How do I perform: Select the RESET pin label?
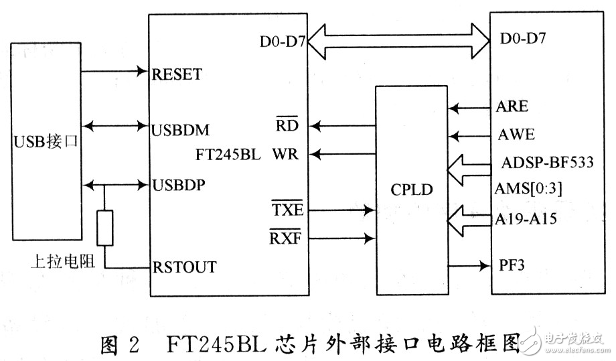[177, 74]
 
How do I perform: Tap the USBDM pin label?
[180, 128]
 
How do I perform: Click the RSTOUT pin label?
[185, 267]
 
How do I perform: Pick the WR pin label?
[285, 155]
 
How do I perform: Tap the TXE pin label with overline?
[287, 210]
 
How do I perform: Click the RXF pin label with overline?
[286, 237]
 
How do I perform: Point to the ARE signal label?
[512, 106]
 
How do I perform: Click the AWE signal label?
[516, 134]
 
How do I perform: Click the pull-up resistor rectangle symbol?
[104, 228]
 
